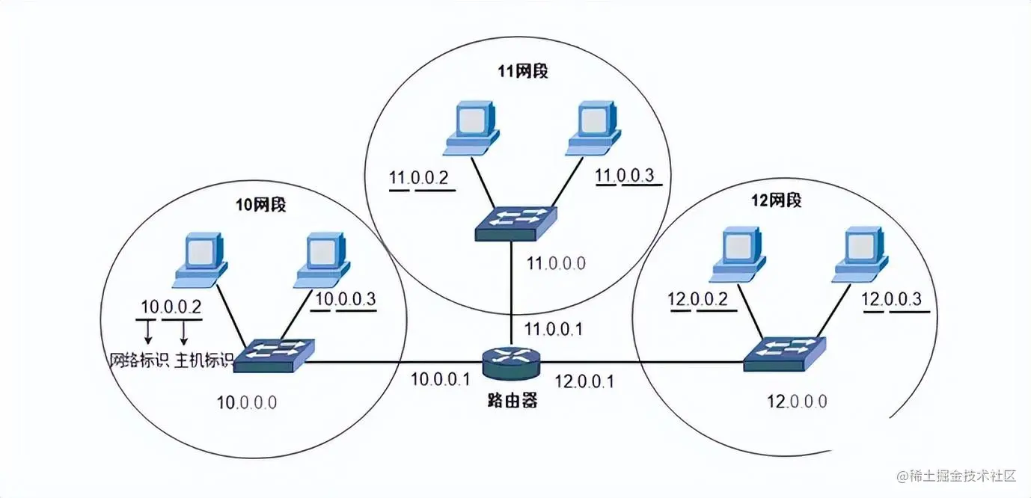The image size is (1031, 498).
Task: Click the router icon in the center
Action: (x=511, y=363)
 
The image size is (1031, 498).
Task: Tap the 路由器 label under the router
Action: (x=510, y=400)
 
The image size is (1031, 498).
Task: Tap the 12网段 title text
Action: (x=776, y=200)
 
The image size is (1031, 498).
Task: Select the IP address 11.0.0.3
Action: (x=625, y=176)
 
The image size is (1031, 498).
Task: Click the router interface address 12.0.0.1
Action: (x=584, y=381)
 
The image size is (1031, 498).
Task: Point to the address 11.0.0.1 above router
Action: (x=554, y=328)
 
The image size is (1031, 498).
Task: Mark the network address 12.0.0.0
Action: (x=797, y=401)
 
